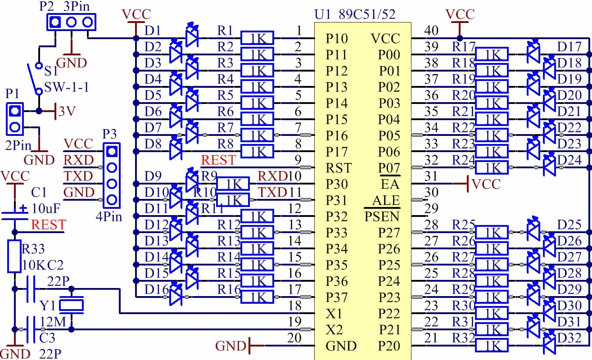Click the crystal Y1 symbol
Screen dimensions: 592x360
pos(72,306)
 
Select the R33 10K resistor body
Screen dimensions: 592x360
pos(14,256)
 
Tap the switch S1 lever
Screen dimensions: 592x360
pos(33,78)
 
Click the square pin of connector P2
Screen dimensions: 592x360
pos(55,22)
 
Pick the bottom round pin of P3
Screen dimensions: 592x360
pos(112,200)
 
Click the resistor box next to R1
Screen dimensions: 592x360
pos(257,38)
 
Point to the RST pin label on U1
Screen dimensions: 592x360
pos(339,168)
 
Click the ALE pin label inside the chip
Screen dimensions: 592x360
pos(386,200)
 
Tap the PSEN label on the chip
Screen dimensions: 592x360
pos(382,216)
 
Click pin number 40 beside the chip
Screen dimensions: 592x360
pos(432,31)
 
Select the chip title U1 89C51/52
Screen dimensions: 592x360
pos(355,14)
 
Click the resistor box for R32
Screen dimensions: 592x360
pos(492,346)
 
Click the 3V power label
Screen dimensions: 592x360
pos(67,112)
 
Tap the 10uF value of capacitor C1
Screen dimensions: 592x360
pos(46,209)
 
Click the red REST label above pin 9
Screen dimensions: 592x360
pos(218,160)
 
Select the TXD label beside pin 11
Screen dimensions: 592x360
pos(272,192)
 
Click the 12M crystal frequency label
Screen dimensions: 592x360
pos(53,322)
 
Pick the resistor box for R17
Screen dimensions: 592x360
pos(492,54)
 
